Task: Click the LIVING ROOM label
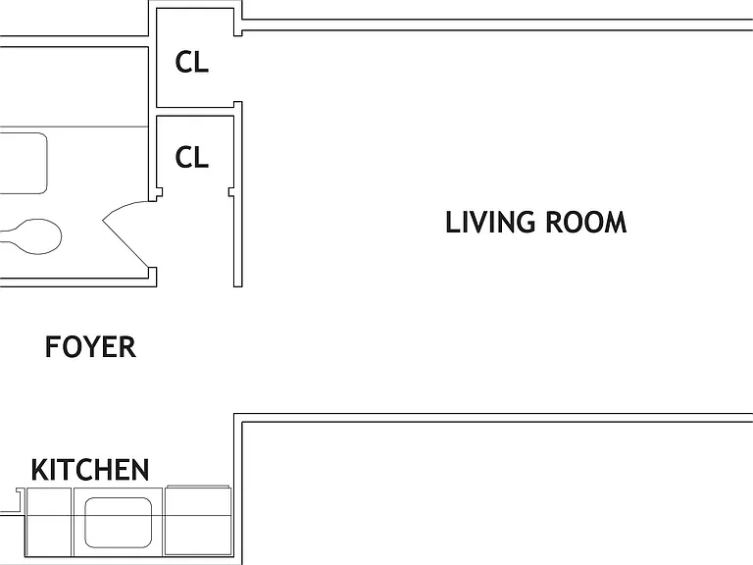pyautogui.click(x=536, y=222)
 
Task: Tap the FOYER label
pyautogui.click(x=90, y=347)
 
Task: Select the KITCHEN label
pyautogui.click(x=90, y=470)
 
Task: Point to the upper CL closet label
pyautogui.click(x=192, y=62)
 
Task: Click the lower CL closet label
pyautogui.click(x=192, y=157)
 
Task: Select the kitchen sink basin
pyautogui.click(x=118, y=522)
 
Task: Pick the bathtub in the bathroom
pyautogui.click(x=24, y=164)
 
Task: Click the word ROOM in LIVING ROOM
pyautogui.click(x=586, y=222)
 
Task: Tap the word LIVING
pyautogui.click(x=490, y=222)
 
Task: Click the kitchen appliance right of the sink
pyautogui.click(x=198, y=521)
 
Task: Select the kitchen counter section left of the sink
pyautogui.click(x=48, y=522)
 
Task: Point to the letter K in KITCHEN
pyautogui.click(x=40, y=470)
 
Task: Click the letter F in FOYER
pyautogui.click(x=52, y=347)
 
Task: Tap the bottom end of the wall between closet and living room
pyautogui.click(x=237, y=286)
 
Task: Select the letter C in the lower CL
pyautogui.click(x=184, y=157)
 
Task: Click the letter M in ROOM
pyautogui.click(x=615, y=222)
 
